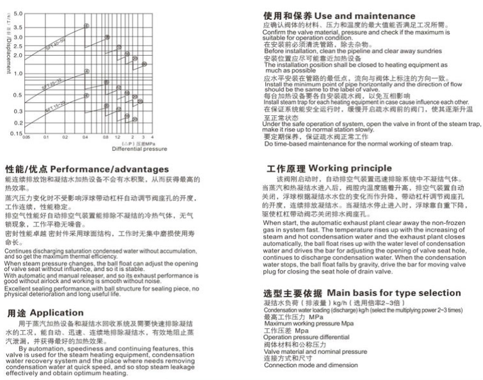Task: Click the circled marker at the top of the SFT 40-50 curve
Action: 86,26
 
